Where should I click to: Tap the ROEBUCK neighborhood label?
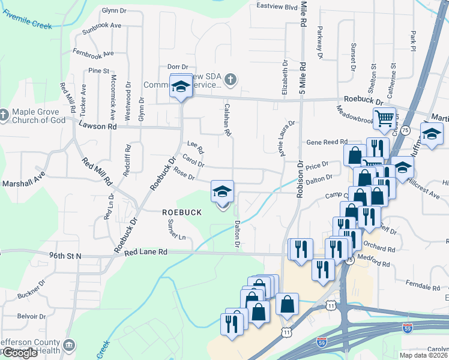[x=179, y=212]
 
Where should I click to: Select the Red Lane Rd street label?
[x=145, y=253]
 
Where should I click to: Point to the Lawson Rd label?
[x=97, y=126]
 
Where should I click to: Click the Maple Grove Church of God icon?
[x=4, y=113]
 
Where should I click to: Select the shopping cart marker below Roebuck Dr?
[x=384, y=118]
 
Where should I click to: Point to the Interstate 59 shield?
[x=322, y=343]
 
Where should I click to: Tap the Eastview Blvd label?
[x=277, y=7]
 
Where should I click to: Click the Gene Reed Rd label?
[x=327, y=142]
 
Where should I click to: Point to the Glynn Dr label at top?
[x=116, y=10]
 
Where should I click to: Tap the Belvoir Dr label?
[x=32, y=316]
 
